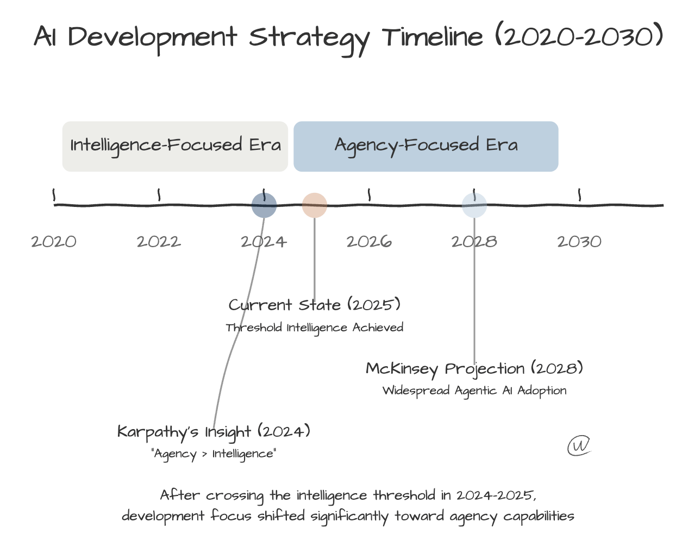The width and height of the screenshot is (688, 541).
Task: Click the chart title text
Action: pyautogui.click(x=349, y=39)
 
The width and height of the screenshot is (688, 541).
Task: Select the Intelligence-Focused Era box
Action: pyautogui.click(x=175, y=146)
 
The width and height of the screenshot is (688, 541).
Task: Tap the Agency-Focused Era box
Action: pyautogui.click(x=426, y=146)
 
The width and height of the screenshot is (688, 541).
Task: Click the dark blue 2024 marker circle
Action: pyautogui.click(x=264, y=205)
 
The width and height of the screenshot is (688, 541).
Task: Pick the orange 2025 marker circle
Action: pyautogui.click(x=315, y=205)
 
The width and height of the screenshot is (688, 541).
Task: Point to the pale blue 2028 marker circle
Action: pyautogui.click(x=474, y=205)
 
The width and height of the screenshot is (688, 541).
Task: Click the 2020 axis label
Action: pyautogui.click(x=54, y=242)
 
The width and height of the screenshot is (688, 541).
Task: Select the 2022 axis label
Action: pyautogui.click(x=159, y=242)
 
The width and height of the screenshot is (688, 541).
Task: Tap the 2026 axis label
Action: pyautogui.click(x=369, y=242)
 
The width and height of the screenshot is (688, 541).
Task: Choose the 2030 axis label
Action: pyautogui.click(x=579, y=242)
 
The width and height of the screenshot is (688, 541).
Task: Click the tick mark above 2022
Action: pyautogui.click(x=159, y=194)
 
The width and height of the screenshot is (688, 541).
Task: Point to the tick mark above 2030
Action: pyautogui.click(x=579, y=194)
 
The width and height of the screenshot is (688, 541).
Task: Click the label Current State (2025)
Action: pyautogui.click(x=315, y=305)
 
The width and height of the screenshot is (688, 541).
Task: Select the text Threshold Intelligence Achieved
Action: pyautogui.click(x=315, y=328)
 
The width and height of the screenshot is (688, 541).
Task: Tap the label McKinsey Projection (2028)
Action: pyautogui.click(x=474, y=368)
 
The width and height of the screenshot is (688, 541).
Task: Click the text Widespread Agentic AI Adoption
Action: pyautogui.click(x=474, y=391)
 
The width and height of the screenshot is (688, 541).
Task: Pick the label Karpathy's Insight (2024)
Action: pyautogui.click(x=214, y=432)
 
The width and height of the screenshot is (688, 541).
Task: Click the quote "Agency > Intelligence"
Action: pyautogui.click(x=214, y=454)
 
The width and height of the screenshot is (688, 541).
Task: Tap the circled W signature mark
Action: pyautogui.click(x=579, y=445)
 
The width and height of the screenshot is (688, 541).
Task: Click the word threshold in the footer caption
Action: pyautogui.click(x=404, y=495)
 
